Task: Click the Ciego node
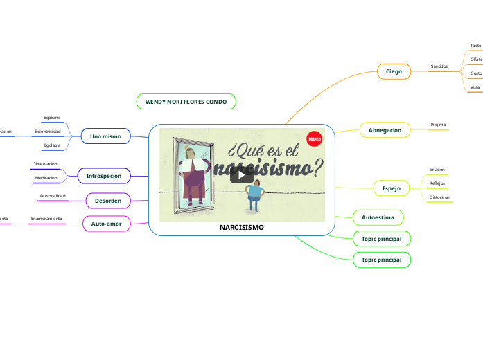[394, 71]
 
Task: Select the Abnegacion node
[385, 130]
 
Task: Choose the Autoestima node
[378, 217]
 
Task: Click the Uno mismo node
[105, 136]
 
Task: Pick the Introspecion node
[103, 177]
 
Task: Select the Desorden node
[108, 201]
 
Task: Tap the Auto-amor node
[106, 224]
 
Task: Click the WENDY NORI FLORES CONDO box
[186, 102]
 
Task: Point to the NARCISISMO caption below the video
[241, 228]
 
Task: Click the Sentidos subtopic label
[439, 66]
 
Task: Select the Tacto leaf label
[475, 46]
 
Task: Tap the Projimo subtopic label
[438, 125]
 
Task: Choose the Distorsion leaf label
[439, 197]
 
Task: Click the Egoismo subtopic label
[53, 118]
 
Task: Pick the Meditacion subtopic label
[46, 179]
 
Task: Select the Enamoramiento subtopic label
[46, 219]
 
